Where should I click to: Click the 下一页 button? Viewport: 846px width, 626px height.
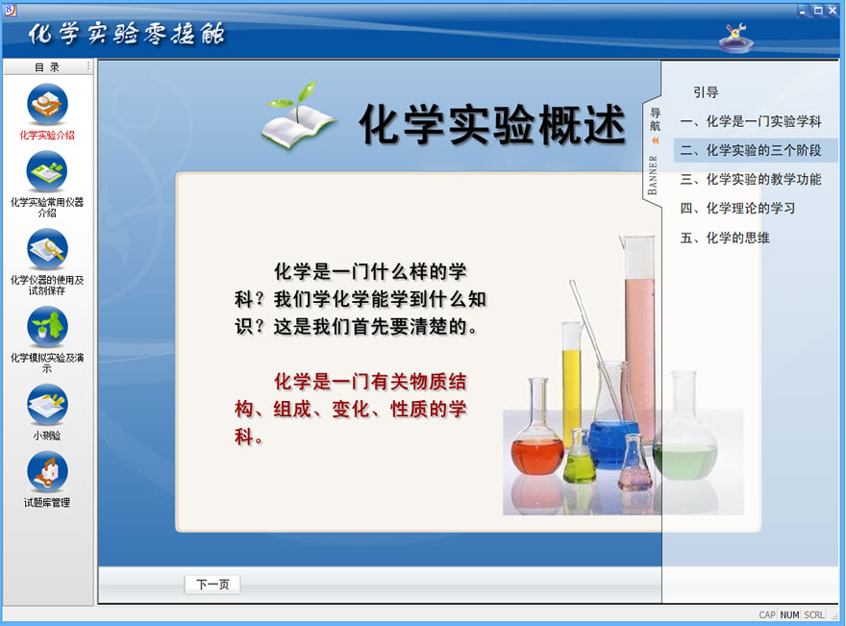pos(212,585)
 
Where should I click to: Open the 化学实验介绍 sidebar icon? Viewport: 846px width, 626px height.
pos(47,104)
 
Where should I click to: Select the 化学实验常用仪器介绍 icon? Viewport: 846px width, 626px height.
pos(47,171)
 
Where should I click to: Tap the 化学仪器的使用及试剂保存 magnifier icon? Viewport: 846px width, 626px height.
pos(47,249)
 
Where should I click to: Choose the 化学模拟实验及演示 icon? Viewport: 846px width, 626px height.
pos(47,327)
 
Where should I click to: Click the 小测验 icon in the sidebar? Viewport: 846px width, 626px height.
pos(47,405)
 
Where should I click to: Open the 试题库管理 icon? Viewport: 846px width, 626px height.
pos(47,472)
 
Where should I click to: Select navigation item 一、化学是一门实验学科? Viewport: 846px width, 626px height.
pos(751,121)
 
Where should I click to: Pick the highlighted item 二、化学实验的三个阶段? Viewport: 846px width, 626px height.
pos(751,150)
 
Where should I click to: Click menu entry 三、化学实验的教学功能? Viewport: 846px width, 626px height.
pos(751,179)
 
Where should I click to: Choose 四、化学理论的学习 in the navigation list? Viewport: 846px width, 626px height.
pos(737,209)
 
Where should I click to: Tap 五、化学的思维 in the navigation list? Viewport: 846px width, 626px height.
pos(725,238)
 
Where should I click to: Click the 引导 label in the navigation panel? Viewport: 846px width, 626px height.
pos(706,92)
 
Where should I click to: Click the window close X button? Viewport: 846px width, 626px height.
pos(833,11)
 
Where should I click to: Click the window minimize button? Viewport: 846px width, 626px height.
pos(804,11)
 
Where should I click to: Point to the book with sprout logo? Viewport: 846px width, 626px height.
pos(298,115)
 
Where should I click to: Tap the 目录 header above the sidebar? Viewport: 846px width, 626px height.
pos(47,67)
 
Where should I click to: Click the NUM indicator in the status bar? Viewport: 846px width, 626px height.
pos(789,614)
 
